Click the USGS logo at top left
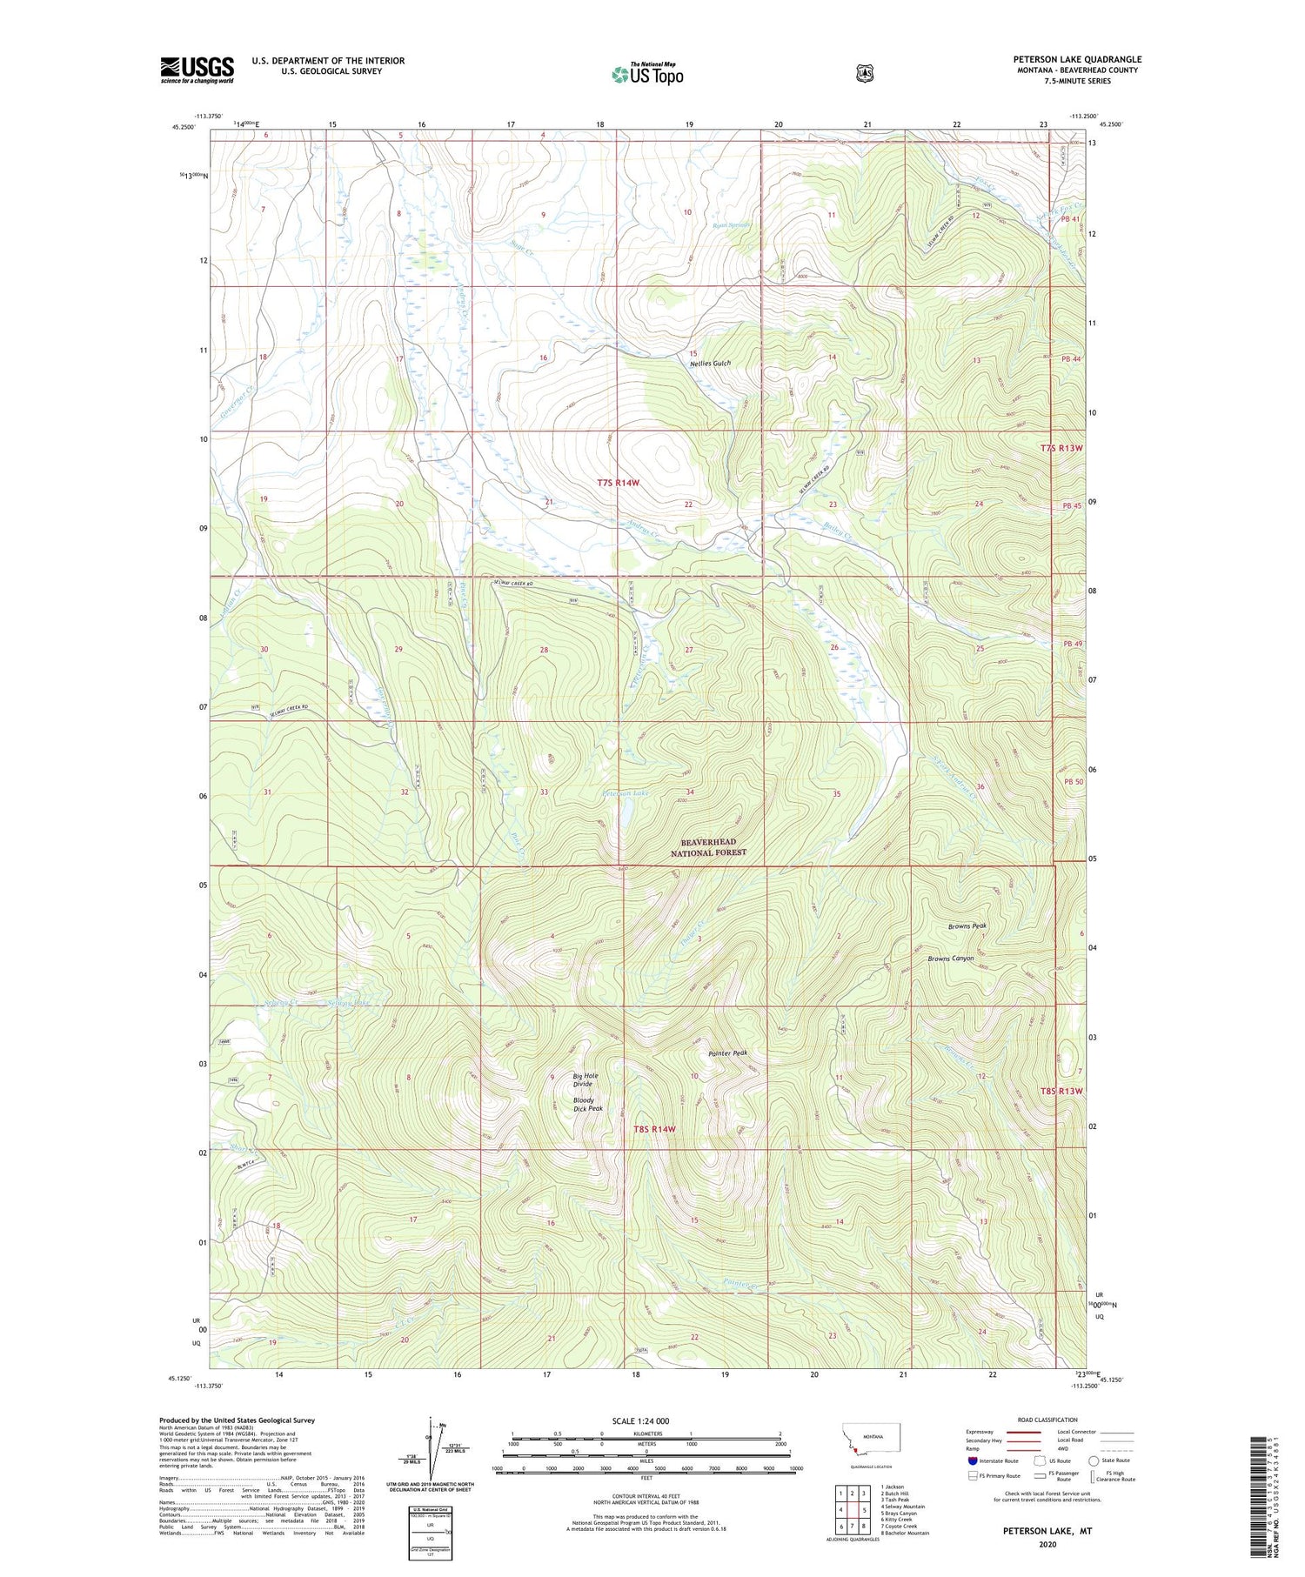click(x=197, y=70)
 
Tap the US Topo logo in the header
click(x=647, y=74)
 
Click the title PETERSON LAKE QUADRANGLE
click(x=1077, y=60)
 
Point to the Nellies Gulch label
click(x=711, y=364)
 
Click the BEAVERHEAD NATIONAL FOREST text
click(x=708, y=847)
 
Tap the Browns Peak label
click(x=967, y=926)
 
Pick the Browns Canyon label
click(x=950, y=959)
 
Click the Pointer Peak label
click(x=727, y=1053)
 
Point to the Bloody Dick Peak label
click(x=587, y=1105)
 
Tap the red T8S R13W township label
click(x=1062, y=1091)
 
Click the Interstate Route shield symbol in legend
click(x=973, y=1460)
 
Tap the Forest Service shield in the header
click(x=864, y=74)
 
